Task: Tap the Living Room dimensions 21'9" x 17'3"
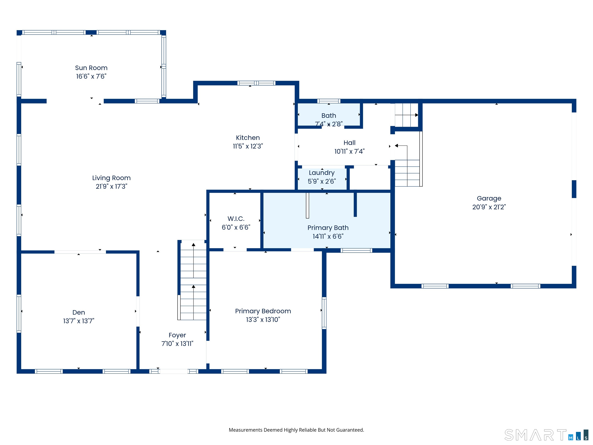click(112, 186)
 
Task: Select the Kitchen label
click(248, 138)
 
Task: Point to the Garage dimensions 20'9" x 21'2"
click(489, 207)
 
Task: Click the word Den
click(79, 313)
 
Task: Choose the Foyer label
click(177, 335)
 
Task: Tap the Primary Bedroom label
click(263, 311)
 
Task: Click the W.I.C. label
click(236, 219)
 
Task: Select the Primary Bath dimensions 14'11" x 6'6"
click(328, 236)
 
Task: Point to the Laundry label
click(322, 173)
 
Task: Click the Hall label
click(350, 143)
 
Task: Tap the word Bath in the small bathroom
click(329, 116)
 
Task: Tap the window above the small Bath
click(329, 101)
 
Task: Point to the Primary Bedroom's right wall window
click(324, 313)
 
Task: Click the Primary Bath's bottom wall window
click(356, 251)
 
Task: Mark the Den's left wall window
click(19, 313)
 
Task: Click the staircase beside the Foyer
click(193, 280)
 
